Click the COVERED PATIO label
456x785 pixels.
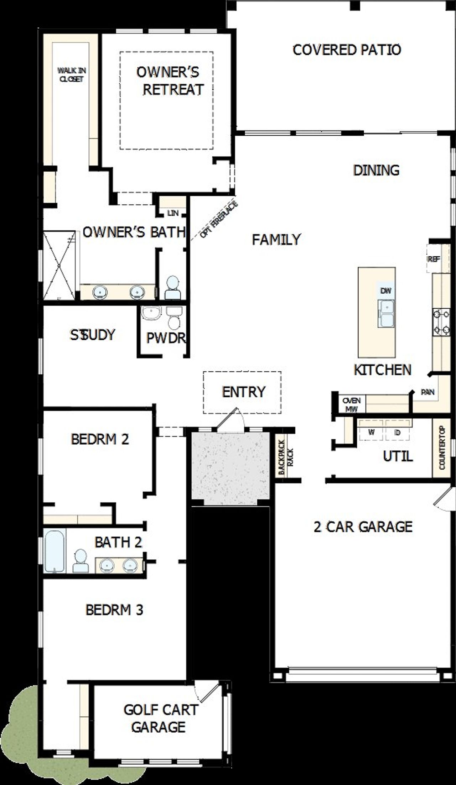347,50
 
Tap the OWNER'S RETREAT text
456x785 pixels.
168,81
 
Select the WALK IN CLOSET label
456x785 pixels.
72,75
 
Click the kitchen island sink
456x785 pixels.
386,314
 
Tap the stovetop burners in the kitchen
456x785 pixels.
441,323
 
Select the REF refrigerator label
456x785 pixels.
434,259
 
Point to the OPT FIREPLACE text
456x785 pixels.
218,220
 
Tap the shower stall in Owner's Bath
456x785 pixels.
59,266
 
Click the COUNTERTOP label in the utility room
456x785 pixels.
442,448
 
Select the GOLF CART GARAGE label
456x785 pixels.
160,718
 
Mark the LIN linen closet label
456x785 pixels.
173,213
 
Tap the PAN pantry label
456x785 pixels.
427,392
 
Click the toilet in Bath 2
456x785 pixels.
81,561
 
